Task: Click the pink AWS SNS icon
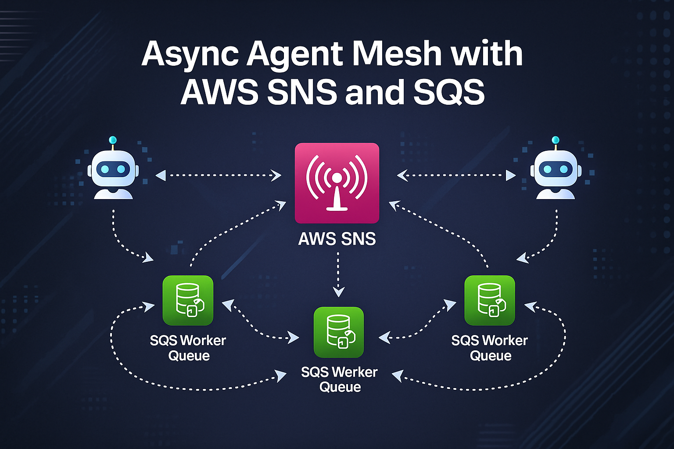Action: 337,183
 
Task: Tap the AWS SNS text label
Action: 337,239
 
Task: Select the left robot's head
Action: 113,168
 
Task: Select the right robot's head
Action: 556,168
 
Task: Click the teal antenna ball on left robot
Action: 113,140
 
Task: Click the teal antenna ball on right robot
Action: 556,140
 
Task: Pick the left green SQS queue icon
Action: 188,300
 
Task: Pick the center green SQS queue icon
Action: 338,332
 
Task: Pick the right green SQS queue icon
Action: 489,300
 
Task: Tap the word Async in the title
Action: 190,54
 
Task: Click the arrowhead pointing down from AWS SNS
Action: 338,292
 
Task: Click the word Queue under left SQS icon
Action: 189,356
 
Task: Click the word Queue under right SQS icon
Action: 490,356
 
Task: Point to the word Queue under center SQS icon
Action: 340,387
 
